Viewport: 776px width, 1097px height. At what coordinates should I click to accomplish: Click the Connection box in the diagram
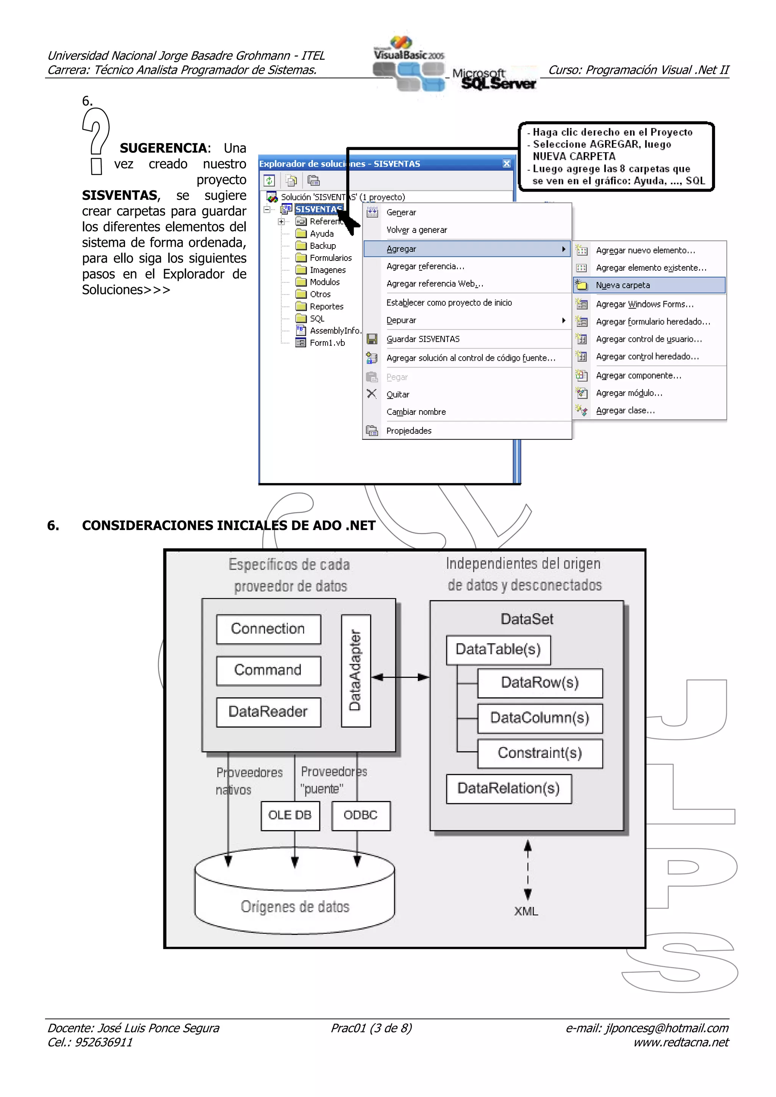(x=268, y=629)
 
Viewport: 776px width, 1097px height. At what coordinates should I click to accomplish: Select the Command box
(x=268, y=670)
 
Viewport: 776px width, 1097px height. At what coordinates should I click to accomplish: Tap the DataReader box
(x=268, y=712)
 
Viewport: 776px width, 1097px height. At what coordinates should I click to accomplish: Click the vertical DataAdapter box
(x=356, y=670)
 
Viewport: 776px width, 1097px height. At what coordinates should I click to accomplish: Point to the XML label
(x=526, y=911)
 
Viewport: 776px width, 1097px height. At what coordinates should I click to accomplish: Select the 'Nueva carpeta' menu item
(x=623, y=285)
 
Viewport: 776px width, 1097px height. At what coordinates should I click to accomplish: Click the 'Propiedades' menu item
(x=409, y=430)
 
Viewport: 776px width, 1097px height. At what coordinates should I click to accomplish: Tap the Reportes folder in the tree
(x=326, y=306)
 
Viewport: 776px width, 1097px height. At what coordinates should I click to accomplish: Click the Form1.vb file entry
(x=327, y=343)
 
